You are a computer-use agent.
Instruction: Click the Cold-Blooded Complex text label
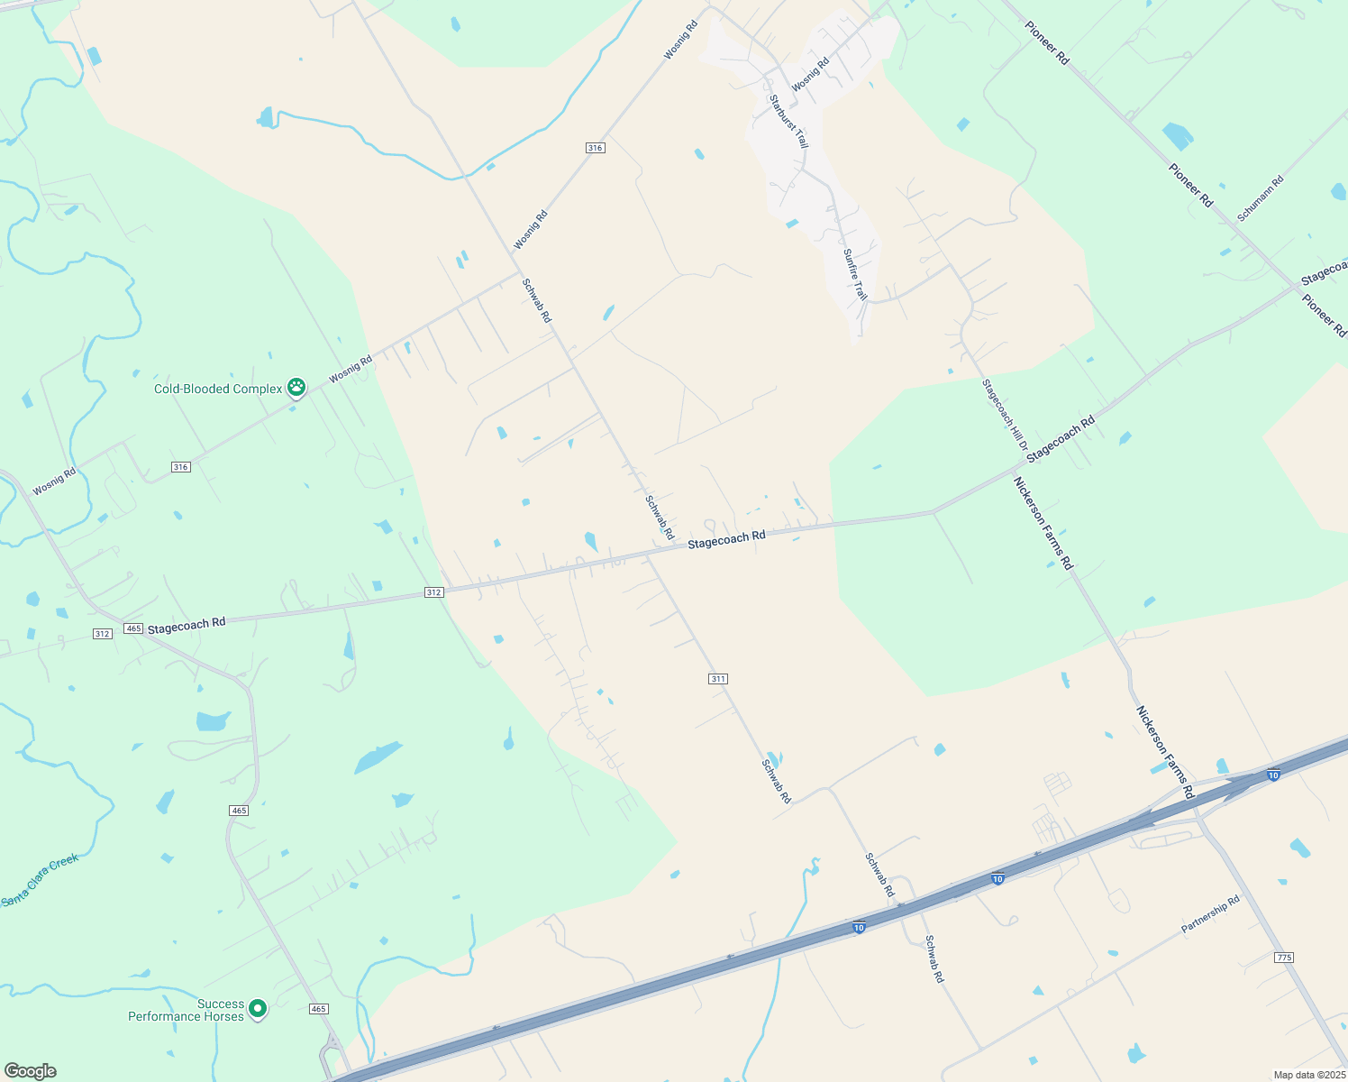coord(218,389)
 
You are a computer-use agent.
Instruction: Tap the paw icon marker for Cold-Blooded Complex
coord(296,388)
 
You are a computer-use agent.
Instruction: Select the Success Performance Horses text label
coord(187,1010)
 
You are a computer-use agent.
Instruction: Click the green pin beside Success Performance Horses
coord(258,1008)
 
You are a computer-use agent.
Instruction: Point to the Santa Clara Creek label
coord(41,879)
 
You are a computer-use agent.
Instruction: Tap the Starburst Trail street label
coord(788,122)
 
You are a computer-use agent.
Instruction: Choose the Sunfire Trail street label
coord(855,274)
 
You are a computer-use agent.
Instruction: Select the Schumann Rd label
coord(1260,198)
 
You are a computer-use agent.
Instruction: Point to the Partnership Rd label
coord(1210,914)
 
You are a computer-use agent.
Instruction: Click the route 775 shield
coord(1284,957)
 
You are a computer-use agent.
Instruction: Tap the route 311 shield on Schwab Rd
coord(717,678)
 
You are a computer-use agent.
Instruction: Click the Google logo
coord(30,1070)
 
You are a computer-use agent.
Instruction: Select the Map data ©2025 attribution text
coord(1307,1075)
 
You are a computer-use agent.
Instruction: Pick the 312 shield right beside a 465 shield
coord(103,633)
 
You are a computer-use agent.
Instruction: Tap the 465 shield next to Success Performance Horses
coord(318,1008)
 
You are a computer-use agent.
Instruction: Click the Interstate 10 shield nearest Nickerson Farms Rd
coord(1272,775)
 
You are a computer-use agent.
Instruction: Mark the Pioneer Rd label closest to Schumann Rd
coord(1190,185)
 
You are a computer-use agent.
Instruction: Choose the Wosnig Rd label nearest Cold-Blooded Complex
coord(351,370)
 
